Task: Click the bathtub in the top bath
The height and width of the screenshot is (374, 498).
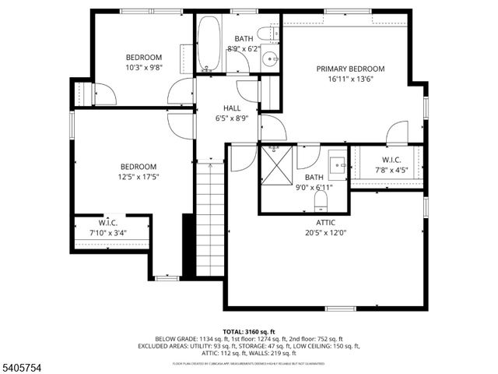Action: click(x=209, y=43)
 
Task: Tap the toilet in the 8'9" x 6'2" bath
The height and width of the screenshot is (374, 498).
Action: click(x=264, y=34)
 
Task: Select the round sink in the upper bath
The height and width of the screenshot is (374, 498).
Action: click(x=269, y=58)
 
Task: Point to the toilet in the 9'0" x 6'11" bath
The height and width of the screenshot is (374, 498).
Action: click(x=319, y=202)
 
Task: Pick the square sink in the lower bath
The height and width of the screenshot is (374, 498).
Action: click(x=337, y=164)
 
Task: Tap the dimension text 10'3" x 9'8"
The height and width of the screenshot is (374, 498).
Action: click(x=144, y=68)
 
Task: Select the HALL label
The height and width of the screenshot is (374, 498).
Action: click(x=231, y=108)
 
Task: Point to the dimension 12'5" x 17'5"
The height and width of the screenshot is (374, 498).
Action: click(x=139, y=177)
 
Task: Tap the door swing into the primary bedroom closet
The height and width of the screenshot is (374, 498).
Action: click(x=397, y=132)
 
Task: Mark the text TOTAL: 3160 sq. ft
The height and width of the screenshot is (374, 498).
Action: click(x=249, y=331)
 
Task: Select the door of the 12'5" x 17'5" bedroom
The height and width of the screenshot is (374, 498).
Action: click(x=180, y=125)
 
